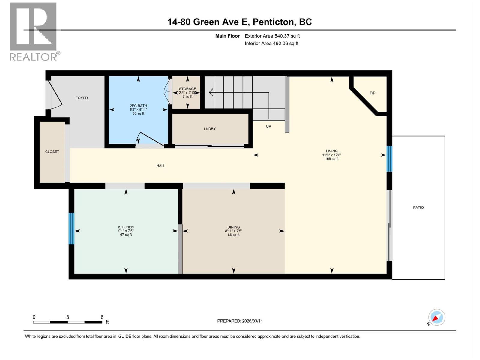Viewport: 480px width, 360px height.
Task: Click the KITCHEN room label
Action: point(126,227)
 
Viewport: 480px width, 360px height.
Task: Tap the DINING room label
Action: point(233,227)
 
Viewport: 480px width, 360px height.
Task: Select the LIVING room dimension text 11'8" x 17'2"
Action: point(331,155)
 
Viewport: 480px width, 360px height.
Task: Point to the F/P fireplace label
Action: point(372,93)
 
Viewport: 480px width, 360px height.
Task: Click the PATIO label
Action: point(418,208)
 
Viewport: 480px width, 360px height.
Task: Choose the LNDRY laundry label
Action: point(210,129)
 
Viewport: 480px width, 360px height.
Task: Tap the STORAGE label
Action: point(187,89)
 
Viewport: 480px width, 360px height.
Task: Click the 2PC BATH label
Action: point(138,106)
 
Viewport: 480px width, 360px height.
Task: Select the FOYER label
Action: point(82,98)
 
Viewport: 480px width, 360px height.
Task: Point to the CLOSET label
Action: point(52,151)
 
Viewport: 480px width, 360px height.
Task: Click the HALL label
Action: point(161,166)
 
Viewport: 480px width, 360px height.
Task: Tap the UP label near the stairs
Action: point(268,126)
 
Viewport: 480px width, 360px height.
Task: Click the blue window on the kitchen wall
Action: point(71,229)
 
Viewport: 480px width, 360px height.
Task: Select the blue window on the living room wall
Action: point(389,159)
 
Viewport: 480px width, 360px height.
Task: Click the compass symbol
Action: point(436,317)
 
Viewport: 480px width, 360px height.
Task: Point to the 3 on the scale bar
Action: point(68,317)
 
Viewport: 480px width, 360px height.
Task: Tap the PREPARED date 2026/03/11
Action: point(240,321)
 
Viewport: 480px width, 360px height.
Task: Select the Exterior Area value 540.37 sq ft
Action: point(272,36)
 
